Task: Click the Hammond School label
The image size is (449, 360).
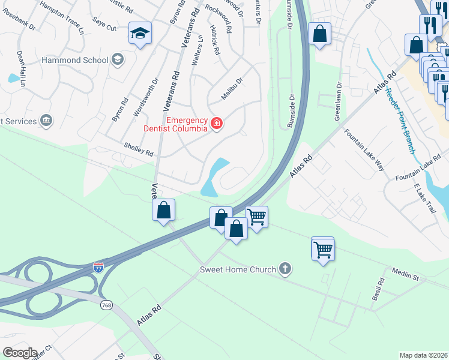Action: click(x=74, y=60)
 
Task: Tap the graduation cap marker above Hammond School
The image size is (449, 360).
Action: click(x=139, y=34)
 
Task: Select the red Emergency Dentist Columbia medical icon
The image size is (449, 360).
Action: click(x=216, y=124)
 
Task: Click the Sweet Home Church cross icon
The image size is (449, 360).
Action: click(x=285, y=269)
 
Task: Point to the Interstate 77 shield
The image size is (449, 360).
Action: click(x=98, y=266)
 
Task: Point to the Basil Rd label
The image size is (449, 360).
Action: click(x=378, y=290)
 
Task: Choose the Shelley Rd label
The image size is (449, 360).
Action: click(x=139, y=149)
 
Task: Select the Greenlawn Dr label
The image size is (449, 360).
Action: click(x=338, y=100)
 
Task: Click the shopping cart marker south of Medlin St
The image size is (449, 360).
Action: click(x=323, y=248)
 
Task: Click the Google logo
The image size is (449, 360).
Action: click(x=19, y=353)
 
